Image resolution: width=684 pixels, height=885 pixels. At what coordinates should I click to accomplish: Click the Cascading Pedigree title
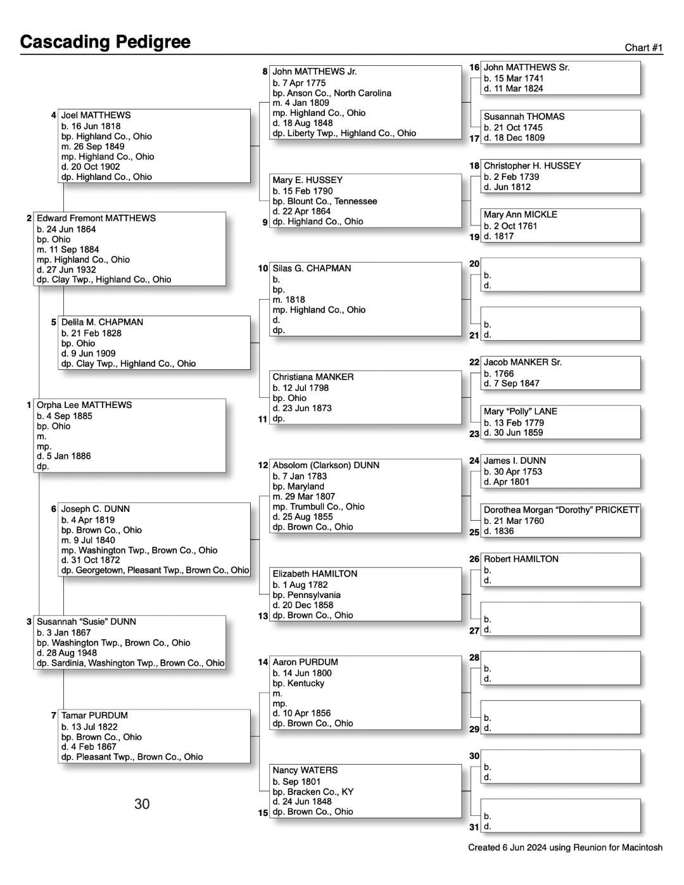tap(105, 42)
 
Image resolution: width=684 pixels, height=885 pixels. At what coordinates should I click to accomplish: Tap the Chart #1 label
tap(643, 48)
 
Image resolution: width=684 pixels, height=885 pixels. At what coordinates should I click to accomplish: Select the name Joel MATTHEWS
tap(96, 115)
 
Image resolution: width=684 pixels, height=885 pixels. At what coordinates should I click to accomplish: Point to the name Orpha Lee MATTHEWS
tap(84, 405)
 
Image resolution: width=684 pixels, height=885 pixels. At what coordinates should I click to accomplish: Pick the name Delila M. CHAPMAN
tap(102, 322)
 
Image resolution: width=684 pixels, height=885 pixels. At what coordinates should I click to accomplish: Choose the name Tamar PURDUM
tap(94, 715)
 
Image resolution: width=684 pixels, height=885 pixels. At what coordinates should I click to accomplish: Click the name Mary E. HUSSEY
tap(307, 180)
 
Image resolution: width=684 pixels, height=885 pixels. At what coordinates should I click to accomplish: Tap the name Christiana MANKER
tap(313, 377)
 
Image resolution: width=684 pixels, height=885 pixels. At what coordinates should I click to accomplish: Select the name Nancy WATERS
tap(305, 770)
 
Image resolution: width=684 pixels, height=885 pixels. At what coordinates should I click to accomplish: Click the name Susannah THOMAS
tap(524, 117)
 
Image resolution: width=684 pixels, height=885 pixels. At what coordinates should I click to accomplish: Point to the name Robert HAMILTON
tap(521, 559)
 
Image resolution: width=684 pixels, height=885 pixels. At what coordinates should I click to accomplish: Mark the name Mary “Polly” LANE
tap(520, 411)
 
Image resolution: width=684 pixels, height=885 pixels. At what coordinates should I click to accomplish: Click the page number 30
tap(142, 804)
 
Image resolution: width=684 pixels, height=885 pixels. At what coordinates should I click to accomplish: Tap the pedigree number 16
tap(474, 67)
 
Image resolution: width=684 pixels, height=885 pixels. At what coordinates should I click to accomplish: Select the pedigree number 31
tap(474, 827)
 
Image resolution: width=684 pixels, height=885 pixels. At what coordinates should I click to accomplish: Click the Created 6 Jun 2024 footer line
tap(565, 848)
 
